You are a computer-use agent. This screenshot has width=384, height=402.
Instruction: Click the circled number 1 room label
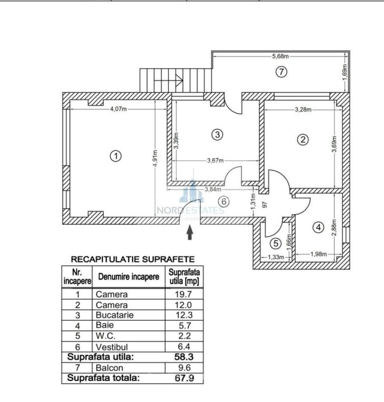click(116, 156)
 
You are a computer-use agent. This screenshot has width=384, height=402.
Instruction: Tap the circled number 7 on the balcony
click(280, 71)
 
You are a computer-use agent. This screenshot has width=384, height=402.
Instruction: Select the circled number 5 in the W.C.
click(275, 243)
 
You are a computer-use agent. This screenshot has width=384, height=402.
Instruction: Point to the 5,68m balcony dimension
click(280, 56)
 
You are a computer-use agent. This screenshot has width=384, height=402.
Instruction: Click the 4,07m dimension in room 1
click(118, 109)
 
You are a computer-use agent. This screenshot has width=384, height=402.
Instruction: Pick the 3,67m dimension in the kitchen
click(215, 161)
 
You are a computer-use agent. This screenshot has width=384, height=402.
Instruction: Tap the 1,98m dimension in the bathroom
click(318, 254)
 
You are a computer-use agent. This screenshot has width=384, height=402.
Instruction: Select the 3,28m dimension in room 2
click(303, 109)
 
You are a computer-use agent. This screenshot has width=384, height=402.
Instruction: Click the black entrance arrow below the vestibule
click(189, 233)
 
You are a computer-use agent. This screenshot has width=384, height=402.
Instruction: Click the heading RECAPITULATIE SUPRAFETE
click(133, 259)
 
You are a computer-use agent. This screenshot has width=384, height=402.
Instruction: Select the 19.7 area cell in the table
click(184, 294)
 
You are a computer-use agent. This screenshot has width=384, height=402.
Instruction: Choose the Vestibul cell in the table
click(112, 347)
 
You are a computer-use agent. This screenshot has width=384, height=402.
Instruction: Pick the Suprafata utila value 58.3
click(184, 357)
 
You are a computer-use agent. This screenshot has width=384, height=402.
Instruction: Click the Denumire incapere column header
click(129, 277)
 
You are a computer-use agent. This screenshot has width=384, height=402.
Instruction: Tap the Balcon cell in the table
click(109, 368)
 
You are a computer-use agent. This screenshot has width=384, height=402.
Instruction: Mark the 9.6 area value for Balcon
click(184, 368)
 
